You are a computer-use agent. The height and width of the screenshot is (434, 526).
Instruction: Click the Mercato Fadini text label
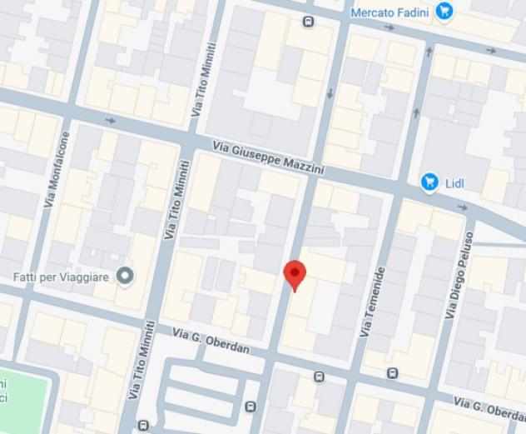pos(390,12)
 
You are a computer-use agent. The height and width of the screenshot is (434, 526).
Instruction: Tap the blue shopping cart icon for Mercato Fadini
pos(444,11)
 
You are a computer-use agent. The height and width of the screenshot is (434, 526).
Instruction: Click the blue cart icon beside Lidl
pos(429,181)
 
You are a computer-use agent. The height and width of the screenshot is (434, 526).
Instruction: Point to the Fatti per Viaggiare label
pos(62,275)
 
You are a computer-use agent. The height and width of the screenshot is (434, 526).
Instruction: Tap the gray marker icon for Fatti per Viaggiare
pos(126,275)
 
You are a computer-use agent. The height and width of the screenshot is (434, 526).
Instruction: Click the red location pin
pos(295,273)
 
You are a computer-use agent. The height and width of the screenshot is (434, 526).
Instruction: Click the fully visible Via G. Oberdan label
pos(211,340)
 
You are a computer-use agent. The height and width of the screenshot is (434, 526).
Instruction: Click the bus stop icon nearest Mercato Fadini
pos(310,22)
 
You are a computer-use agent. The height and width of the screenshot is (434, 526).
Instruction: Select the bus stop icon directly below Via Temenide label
pos(392,372)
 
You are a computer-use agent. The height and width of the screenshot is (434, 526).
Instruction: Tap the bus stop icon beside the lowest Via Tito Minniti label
pos(144,425)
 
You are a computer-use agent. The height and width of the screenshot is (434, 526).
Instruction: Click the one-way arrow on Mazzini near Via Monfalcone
pos(111,121)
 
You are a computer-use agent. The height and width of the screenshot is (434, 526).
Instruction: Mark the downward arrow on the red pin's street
pos(330,92)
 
